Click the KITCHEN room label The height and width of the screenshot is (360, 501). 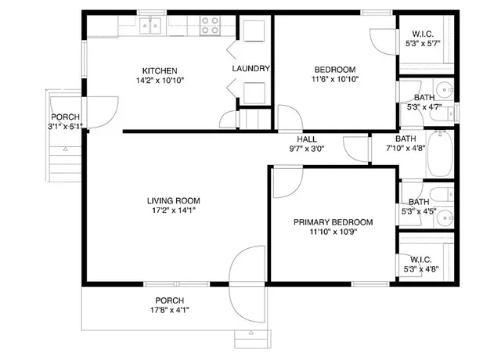(x=159, y=70)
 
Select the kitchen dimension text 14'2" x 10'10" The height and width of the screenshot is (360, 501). (x=159, y=80)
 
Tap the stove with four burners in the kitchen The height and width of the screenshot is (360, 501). (x=209, y=27)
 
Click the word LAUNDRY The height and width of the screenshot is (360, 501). (x=250, y=69)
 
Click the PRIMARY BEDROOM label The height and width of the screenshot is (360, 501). (x=333, y=222)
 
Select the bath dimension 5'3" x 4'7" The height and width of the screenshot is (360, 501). (x=424, y=107)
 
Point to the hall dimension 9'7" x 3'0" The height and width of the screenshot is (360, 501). (x=306, y=149)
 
